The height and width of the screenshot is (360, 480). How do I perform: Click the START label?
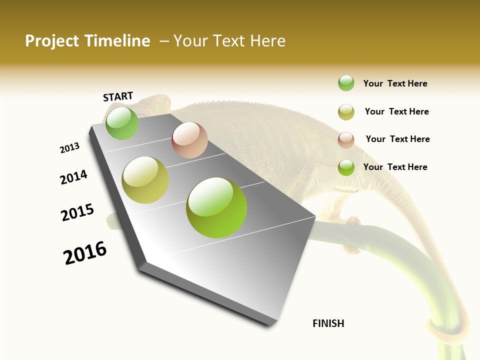coord(118,96)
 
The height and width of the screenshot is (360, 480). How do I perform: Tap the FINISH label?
coord(328,323)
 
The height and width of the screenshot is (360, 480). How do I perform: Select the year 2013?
coord(69,148)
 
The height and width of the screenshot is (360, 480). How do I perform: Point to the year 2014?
coord(73,177)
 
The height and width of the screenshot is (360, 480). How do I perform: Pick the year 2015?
coord(77,212)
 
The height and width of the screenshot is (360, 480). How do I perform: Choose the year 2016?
coord(85,253)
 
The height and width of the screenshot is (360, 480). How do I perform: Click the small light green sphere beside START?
coord(122,123)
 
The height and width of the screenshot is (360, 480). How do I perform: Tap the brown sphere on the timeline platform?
coord(189,140)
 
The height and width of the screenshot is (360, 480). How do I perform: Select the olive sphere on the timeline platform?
coord(145,180)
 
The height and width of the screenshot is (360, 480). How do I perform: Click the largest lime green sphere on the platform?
coord(216,207)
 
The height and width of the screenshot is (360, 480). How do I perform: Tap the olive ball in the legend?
coord(346,112)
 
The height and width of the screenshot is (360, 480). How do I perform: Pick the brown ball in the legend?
coord(346,140)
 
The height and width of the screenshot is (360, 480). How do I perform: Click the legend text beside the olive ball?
coord(396,111)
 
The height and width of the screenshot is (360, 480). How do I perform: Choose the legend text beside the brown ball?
coord(397,139)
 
